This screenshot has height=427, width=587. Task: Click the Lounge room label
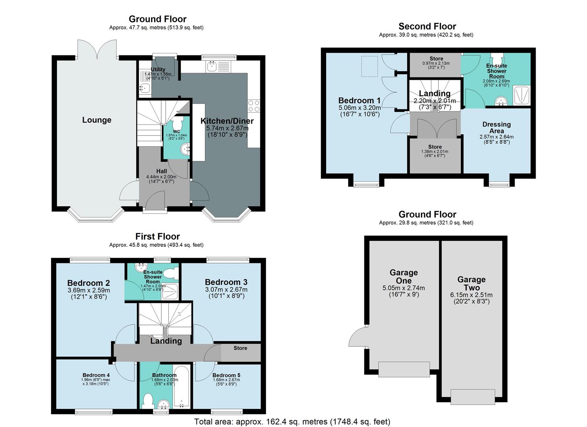tap(96, 120)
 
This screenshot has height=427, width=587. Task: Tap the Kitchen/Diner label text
tap(227, 121)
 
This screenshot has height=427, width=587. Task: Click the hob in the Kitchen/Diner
tap(253, 106)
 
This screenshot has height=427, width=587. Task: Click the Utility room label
tap(158, 70)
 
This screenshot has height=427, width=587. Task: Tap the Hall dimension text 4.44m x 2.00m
tap(161, 177)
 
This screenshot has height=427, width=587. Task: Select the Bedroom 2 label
tap(89, 283)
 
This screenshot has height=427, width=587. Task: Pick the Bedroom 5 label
tap(226, 375)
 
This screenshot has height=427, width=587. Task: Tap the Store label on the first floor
tap(240, 348)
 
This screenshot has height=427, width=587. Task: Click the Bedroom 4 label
tap(96, 375)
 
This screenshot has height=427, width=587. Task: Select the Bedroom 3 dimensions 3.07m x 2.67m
tap(226, 290)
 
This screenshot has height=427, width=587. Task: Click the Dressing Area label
tap(496, 127)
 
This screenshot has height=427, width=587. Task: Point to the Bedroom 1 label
tap(359, 100)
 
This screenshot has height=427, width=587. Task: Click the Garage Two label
tap(471, 283)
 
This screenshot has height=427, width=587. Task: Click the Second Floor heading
tap(427, 26)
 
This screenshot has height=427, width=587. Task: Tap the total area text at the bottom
tap(292, 421)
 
